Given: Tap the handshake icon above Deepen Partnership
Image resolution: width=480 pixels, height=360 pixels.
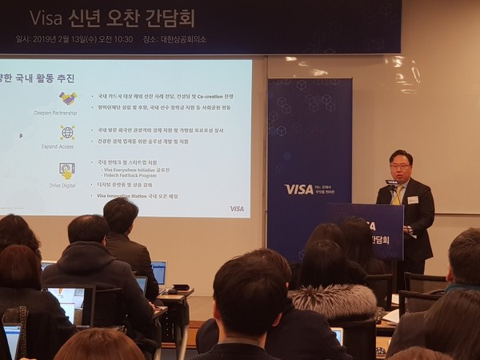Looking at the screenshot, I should tap(67, 98).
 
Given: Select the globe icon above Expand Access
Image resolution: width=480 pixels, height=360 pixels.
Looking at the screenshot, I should tap(67, 132).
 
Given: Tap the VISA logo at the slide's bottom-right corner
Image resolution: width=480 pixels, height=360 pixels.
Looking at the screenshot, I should tap(237, 209).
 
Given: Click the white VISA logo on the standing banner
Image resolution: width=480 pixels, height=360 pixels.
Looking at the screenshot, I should tap(299, 190).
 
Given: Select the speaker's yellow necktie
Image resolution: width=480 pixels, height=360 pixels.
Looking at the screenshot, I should tap(396, 195).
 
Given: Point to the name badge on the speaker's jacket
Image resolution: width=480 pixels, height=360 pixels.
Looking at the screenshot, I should tap(413, 199).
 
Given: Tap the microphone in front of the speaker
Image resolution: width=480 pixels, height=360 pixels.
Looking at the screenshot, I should tap(391, 183).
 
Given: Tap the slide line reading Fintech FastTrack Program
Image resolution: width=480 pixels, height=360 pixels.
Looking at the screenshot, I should tap(133, 178).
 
